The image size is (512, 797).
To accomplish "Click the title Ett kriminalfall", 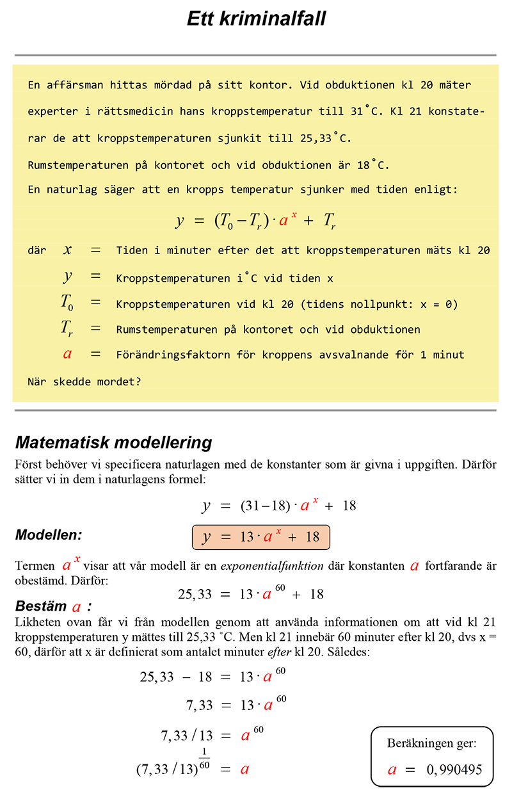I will click(x=256, y=19).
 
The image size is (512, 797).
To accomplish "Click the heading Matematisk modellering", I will click(x=113, y=442).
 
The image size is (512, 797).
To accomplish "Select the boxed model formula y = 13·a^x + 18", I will click(x=260, y=536).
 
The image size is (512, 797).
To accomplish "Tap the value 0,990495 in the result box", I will click(x=454, y=769).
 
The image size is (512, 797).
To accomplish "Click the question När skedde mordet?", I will click(x=84, y=382).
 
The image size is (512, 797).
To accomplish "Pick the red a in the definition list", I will click(x=67, y=353).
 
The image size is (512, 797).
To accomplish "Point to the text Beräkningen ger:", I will click(x=431, y=743).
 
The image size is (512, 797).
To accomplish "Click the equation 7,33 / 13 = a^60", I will click(x=212, y=736).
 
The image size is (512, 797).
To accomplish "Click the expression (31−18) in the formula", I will click(x=260, y=505).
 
